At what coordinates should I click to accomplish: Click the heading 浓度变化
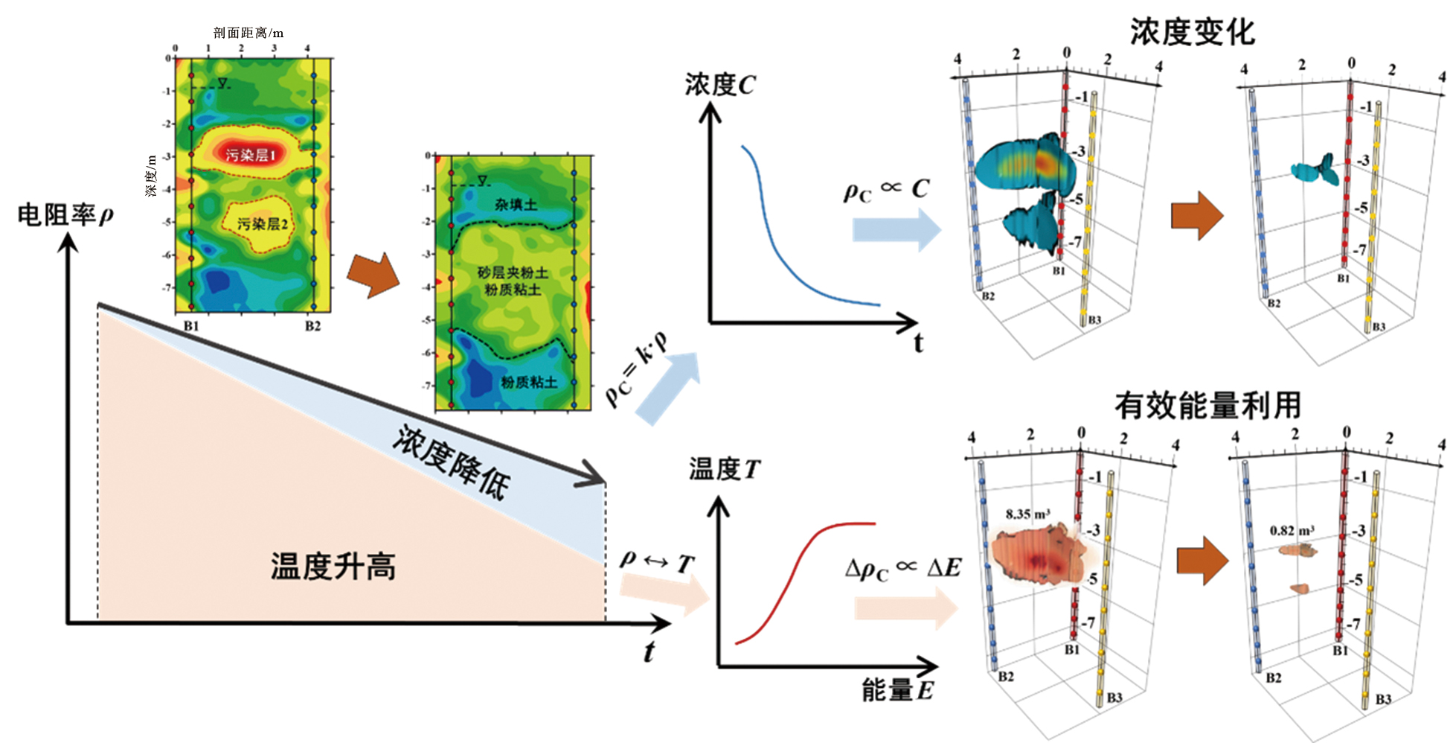(1192, 32)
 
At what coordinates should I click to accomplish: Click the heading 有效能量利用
(1207, 406)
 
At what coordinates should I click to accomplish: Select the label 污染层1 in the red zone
(251, 155)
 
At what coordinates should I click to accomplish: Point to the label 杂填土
(516, 203)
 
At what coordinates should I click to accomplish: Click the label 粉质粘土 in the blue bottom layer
(528, 382)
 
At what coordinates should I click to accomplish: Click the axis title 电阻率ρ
(65, 215)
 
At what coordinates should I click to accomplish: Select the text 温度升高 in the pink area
(333, 567)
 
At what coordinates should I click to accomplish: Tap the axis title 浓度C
(719, 85)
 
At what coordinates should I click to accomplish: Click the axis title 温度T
(724, 469)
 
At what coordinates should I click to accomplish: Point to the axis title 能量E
(896, 690)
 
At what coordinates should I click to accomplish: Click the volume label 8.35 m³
(1027, 514)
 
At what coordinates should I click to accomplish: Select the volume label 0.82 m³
(1292, 530)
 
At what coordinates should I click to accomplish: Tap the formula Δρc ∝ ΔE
(902, 569)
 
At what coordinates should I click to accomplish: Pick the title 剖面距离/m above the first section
(248, 33)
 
